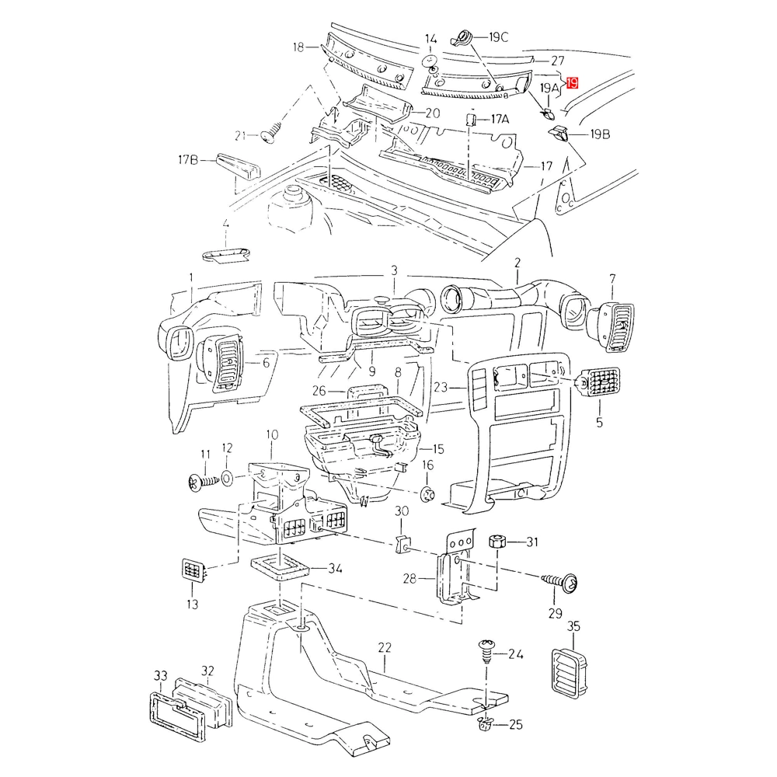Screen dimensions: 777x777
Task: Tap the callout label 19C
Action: (498, 37)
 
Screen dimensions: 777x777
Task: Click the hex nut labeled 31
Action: (497, 542)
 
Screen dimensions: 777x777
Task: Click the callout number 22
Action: (384, 646)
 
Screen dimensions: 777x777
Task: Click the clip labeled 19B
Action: (561, 136)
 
